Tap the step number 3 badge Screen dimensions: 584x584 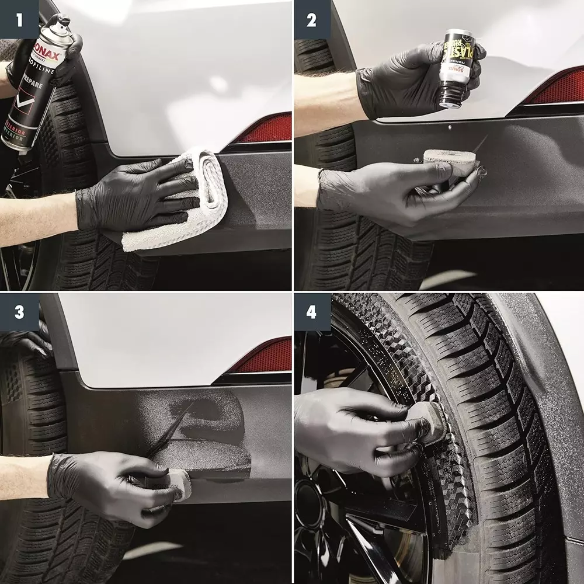[19, 312]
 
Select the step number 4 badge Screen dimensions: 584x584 [312, 312]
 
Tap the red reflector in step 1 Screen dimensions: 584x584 [266, 128]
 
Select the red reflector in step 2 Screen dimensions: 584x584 [555, 88]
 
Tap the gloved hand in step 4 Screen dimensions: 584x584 [356, 429]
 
